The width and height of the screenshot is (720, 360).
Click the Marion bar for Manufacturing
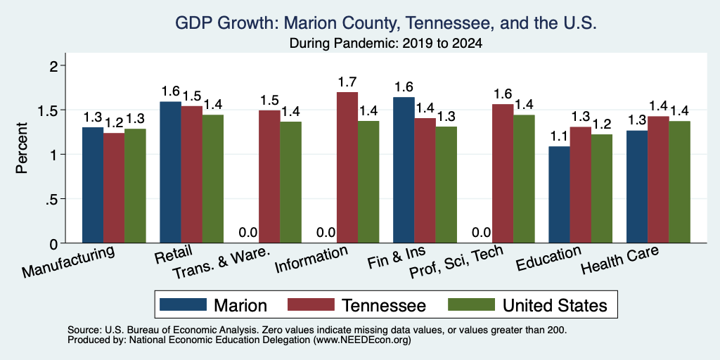coord(93,185)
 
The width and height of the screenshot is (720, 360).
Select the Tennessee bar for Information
coord(347,167)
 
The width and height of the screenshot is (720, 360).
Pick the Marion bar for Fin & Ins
coord(404,170)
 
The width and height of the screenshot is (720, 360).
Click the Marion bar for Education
coord(559,195)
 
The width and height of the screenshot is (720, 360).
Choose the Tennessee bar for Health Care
coord(658,180)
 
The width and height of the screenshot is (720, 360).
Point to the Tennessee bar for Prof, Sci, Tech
coord(502,174)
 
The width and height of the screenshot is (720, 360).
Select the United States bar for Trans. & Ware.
coord(290,182)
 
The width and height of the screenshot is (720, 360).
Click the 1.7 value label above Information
coord(347,82)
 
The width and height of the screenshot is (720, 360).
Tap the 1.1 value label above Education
coord(559,136)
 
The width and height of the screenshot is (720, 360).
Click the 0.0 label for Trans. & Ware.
coord(248,233)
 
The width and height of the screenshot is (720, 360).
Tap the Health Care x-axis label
coord(619,260)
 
